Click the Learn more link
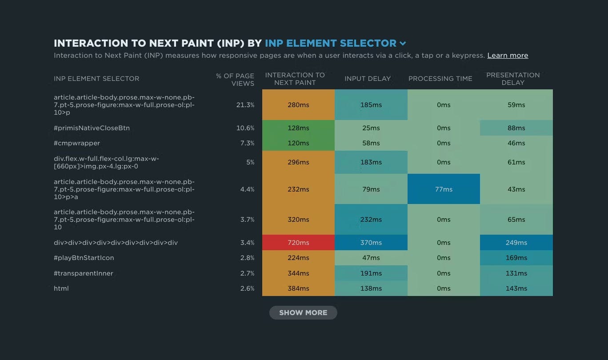[508, 56]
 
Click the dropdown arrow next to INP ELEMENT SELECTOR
[403, 44]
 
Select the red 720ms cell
[298, 243]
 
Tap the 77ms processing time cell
[444, 189]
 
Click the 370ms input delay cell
[371, 243]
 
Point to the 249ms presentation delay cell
[516, 243]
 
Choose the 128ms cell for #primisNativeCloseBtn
[298, 128]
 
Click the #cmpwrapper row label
[77, 143]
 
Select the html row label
[61, 288]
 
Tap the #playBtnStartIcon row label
[84, 258]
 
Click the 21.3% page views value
[245, 105]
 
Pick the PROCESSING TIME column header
[440, 79]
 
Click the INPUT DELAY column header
[368, 79]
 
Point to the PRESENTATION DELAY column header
[513, 79]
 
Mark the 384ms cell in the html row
[298, 288]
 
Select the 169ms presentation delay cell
[516, 258]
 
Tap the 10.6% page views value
[245, 128]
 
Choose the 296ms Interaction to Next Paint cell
[298, 162]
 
